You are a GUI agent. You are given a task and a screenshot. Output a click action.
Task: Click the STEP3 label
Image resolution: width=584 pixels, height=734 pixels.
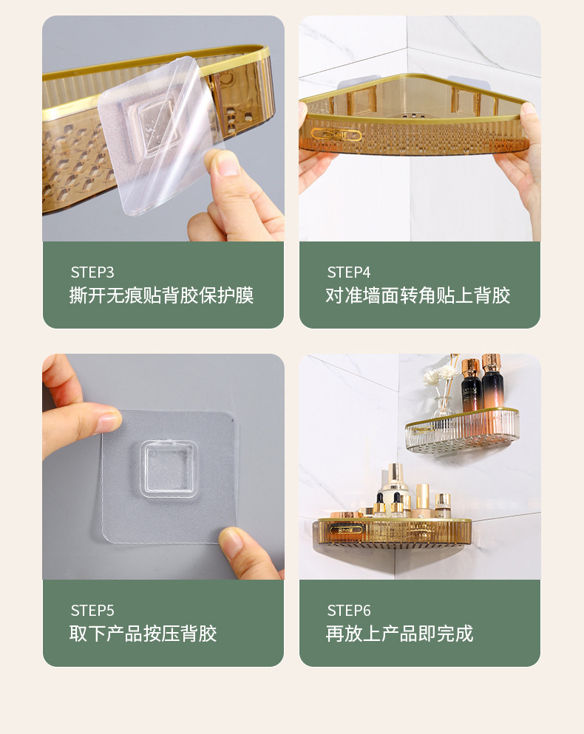click(x=92, y=272)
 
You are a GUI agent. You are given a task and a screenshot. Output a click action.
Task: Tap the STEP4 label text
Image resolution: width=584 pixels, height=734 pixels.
click(x=349, y=272)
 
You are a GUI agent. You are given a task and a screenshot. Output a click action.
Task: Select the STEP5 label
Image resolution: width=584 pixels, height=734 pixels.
click(x=92, y=611)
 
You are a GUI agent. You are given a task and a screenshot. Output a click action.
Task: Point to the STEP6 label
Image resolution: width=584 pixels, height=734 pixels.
click(x=349, y=611)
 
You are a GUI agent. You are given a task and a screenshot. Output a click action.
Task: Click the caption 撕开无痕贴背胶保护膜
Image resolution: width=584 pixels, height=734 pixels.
click(x=161, y=296)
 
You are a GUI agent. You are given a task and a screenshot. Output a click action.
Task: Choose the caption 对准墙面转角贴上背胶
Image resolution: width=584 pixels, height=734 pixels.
click(x=418, y=296)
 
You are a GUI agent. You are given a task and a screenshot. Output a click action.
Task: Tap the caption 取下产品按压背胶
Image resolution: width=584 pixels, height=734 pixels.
click(x=143, y=634)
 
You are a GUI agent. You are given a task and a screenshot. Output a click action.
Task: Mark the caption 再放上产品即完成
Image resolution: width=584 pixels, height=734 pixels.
click(x=399, y=634)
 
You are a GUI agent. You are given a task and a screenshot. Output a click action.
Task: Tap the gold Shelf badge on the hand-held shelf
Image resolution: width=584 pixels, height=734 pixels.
click(x=336, y=134)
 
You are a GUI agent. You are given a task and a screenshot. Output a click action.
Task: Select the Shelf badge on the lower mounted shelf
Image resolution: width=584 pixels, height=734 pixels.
click(x=346, y=529)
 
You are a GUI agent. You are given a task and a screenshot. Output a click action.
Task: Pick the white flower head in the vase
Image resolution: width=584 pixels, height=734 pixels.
click(x=432, y=377)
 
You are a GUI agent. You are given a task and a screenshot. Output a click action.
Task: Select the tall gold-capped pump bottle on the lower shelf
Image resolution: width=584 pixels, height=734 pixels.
click(x=395, y=487)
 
